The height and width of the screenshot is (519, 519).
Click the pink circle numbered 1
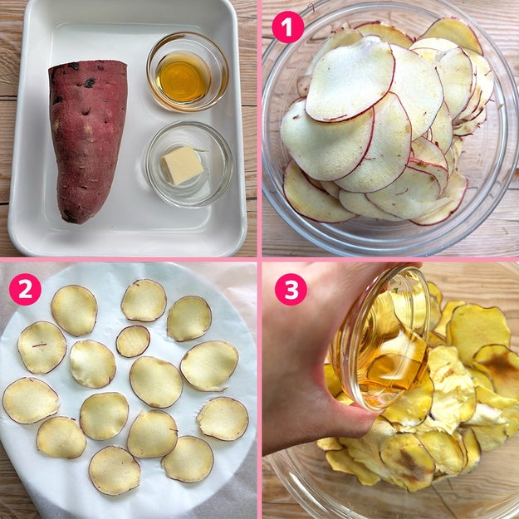pos(288,27)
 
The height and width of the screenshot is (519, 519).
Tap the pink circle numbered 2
pos(25,289)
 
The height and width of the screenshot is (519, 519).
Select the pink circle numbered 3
pos(291,289)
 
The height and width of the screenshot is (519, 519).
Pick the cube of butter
pos(183,165)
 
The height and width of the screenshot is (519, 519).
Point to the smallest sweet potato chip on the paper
pos(133,341)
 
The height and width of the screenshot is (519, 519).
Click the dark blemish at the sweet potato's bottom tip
pos(71,217)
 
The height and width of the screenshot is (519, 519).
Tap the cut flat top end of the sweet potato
pos(88,66)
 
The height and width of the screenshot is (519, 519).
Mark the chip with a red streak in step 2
pos(42,347)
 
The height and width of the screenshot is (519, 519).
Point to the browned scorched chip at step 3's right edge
pos(497,370)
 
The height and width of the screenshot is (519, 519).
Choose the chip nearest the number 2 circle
pos(74,310)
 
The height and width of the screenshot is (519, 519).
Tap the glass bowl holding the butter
pos(189,164)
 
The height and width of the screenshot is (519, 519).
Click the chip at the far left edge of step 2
pos(31,400)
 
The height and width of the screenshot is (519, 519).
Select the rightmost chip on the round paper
pos(223,419)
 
